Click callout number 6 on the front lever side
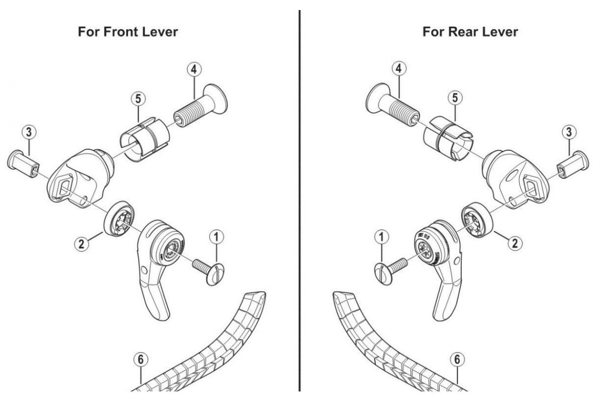pos(141,360)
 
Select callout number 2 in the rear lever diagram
pos(515,243)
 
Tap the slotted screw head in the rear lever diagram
pos(383,274)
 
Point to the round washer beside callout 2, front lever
pos(117,217)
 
